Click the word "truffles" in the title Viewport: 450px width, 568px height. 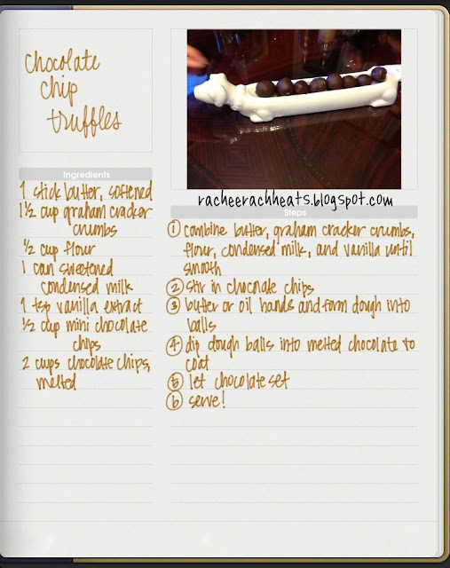click(x=84, y=121)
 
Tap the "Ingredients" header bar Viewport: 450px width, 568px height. click(x=85, y=174)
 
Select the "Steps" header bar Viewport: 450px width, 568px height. click(x=294, y=212)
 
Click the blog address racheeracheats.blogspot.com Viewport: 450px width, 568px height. click(x=296, y=200)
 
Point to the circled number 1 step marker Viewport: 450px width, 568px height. click(x=174, y=229)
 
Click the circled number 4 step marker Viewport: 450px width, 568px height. click(x=174, y=345)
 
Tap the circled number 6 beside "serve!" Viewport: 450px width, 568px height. click(x=174, y=402)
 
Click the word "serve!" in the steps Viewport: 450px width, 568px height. click(x=207, y=401)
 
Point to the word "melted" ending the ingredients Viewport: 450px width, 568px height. click(x=56, y=383)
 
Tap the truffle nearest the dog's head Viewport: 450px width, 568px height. click(x=264, y=89)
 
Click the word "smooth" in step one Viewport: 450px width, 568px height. click(x=201, y=268)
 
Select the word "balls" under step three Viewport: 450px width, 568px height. click(x=201, y=325)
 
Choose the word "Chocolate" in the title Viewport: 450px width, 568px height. click(x=62, y=61)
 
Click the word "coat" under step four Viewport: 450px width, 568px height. click(x=197, y=363)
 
